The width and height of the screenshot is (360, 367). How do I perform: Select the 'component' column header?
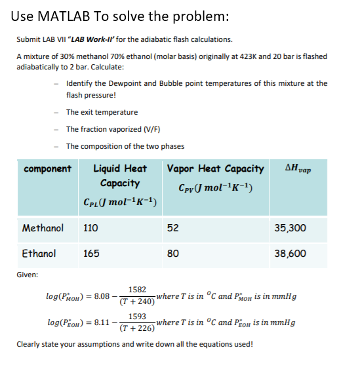point(47,169)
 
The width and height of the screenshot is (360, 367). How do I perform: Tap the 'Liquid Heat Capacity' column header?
point(120,176)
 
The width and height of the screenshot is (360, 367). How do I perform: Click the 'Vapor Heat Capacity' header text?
point(216,169)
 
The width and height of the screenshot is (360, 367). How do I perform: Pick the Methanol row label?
point(43,228)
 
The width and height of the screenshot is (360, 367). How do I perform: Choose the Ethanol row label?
point(39,253)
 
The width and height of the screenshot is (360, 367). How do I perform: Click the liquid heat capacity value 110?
point(90,228)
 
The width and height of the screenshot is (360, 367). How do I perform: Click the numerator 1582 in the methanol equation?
point(137,289)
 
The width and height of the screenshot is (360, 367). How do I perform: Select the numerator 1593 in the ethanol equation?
point(137,316)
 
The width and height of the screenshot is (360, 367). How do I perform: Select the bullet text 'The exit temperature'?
point(102,112)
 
